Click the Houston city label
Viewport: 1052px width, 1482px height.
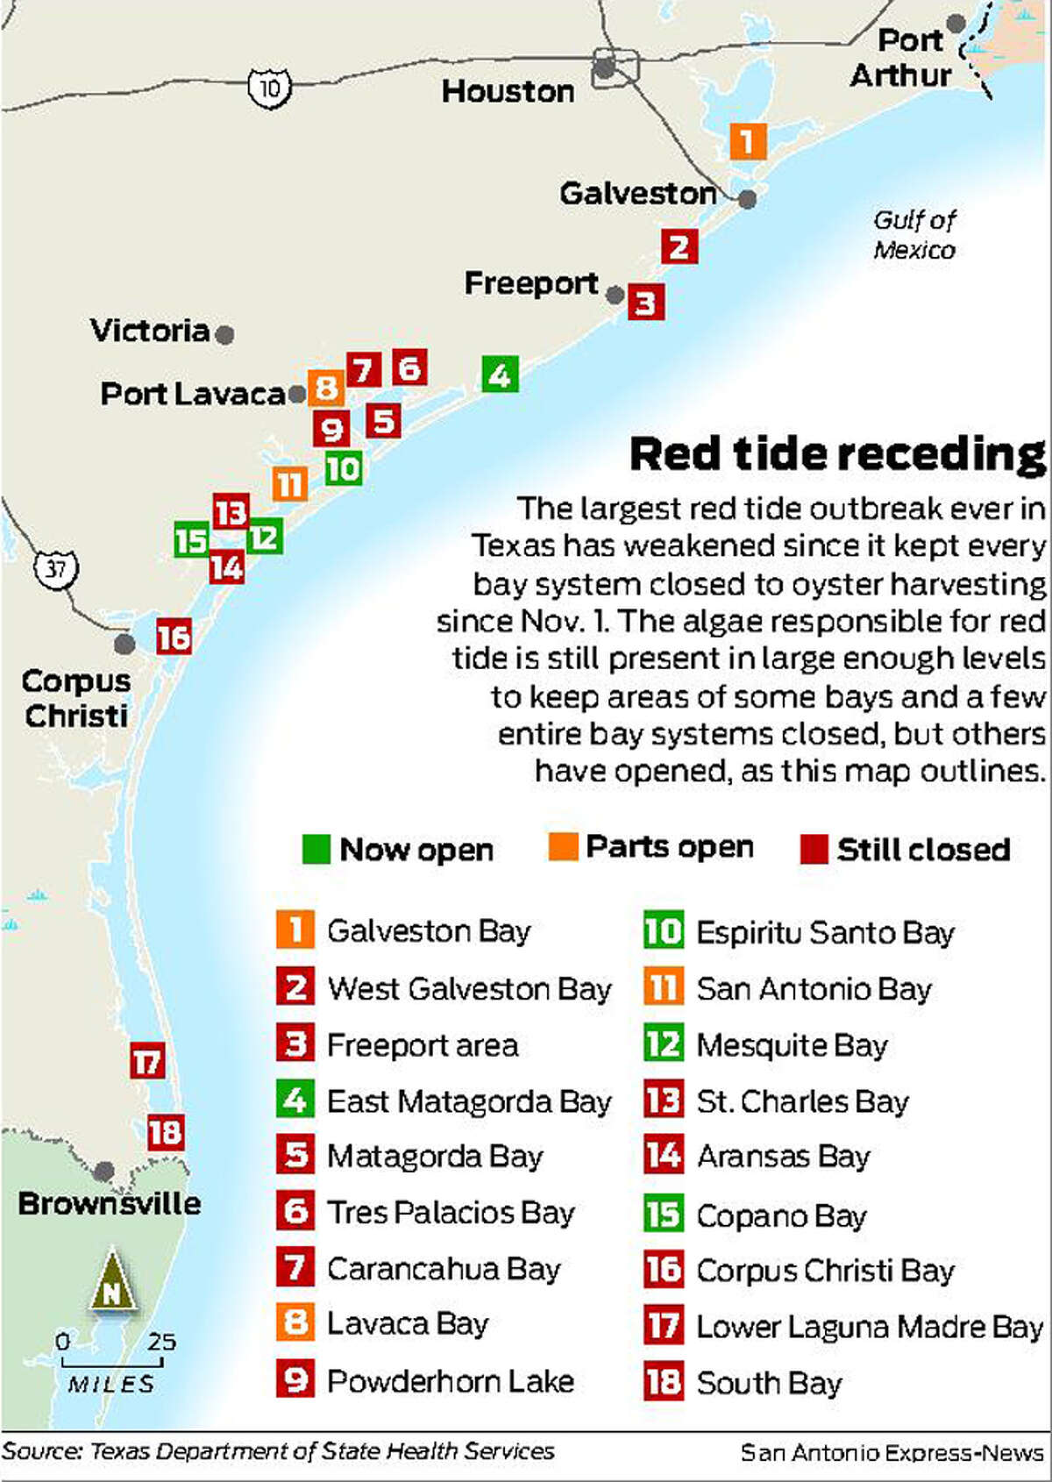(508, 91)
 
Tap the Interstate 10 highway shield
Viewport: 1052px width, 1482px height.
(269, 88)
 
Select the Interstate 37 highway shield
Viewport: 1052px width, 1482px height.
(55, 568)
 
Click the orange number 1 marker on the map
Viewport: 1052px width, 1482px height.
(748, 140)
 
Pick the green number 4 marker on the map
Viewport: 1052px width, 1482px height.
(500, 374)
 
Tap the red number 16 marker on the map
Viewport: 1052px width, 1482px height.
(174, 637)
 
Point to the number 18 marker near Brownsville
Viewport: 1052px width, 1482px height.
(165, 1132)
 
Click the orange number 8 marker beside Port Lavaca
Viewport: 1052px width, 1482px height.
(325, 387)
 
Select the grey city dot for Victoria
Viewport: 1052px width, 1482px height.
(224, 334)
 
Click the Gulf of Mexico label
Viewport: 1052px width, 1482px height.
(914, 235)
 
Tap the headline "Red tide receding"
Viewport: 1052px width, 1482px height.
(837, 454)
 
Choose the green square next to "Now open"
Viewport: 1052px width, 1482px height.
(316, 849)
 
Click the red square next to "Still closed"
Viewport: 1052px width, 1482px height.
(814, 849)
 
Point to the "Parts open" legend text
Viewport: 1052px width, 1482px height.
(669, 847)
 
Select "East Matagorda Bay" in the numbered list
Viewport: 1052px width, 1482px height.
(468, 1101)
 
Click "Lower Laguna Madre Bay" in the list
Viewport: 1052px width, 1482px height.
(869, 1328)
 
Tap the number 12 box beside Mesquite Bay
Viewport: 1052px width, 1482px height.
(663, 1044)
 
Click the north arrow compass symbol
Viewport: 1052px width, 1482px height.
(112, 1282)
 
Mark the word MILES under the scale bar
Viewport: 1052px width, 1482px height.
(111, 1385)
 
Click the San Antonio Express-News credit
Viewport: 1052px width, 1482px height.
(892, 1453)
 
